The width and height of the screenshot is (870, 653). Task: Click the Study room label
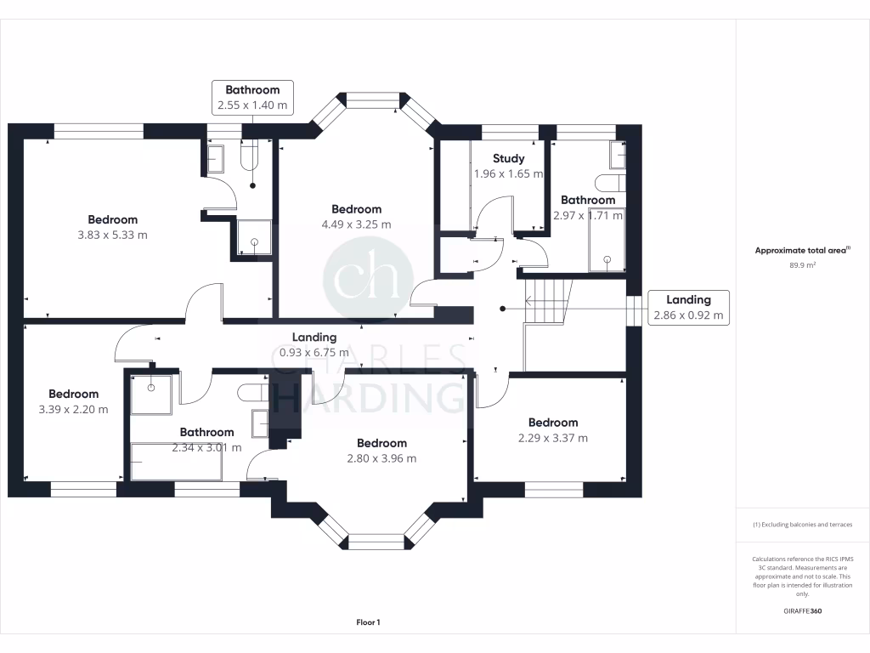508,158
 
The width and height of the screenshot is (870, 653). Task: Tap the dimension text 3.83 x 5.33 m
112,235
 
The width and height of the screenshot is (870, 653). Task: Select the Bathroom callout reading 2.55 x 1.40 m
252,98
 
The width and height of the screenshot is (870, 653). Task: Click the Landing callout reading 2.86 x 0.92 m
688,307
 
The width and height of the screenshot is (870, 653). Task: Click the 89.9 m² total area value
803,265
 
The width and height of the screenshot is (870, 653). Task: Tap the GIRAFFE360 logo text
803,611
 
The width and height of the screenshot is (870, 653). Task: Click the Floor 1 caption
368,623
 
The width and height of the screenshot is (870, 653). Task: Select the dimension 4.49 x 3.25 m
356,224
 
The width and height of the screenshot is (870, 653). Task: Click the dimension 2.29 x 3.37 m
552,439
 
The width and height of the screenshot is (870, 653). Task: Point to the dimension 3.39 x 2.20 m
73,409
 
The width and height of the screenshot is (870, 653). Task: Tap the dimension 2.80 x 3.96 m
381,458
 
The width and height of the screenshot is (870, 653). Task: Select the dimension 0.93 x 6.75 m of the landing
314,352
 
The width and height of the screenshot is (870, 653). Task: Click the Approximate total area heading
803,251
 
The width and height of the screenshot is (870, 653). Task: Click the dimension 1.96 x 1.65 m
507,173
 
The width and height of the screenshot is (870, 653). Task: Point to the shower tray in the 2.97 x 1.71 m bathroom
607,240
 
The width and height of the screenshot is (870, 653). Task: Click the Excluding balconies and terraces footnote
803,525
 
